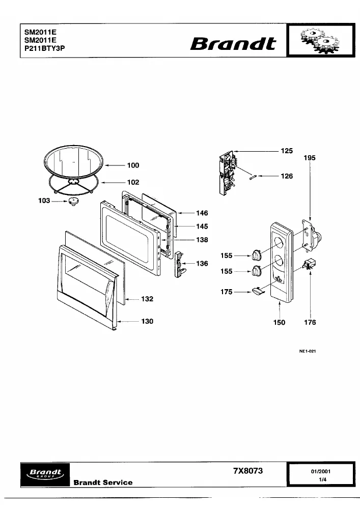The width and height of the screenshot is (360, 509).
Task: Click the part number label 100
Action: click(133, 165)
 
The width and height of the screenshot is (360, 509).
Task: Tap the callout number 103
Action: click(44, 201)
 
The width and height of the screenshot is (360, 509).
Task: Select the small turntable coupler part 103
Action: click(74, 202)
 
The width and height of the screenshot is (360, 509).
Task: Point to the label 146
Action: click(202, 213)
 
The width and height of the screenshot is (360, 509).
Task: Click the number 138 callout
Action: click(202, 240)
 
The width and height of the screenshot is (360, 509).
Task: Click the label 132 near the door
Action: click(147, 299)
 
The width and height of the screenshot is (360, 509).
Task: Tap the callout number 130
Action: click(147, 321)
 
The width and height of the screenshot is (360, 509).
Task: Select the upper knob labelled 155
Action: click(256, 256)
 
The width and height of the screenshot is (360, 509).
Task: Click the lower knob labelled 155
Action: click(257, 271)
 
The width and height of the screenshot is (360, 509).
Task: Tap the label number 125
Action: click(287, 151)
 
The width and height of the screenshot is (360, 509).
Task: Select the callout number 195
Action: click(310, 158)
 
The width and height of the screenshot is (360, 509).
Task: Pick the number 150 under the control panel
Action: click(279, 322)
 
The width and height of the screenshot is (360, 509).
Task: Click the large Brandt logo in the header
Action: click(233, 43)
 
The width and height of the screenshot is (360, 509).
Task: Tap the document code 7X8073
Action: click(248, 471)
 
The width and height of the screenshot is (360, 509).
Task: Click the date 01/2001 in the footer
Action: click(321, 471)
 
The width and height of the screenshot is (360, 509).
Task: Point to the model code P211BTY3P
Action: click(44, 48)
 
